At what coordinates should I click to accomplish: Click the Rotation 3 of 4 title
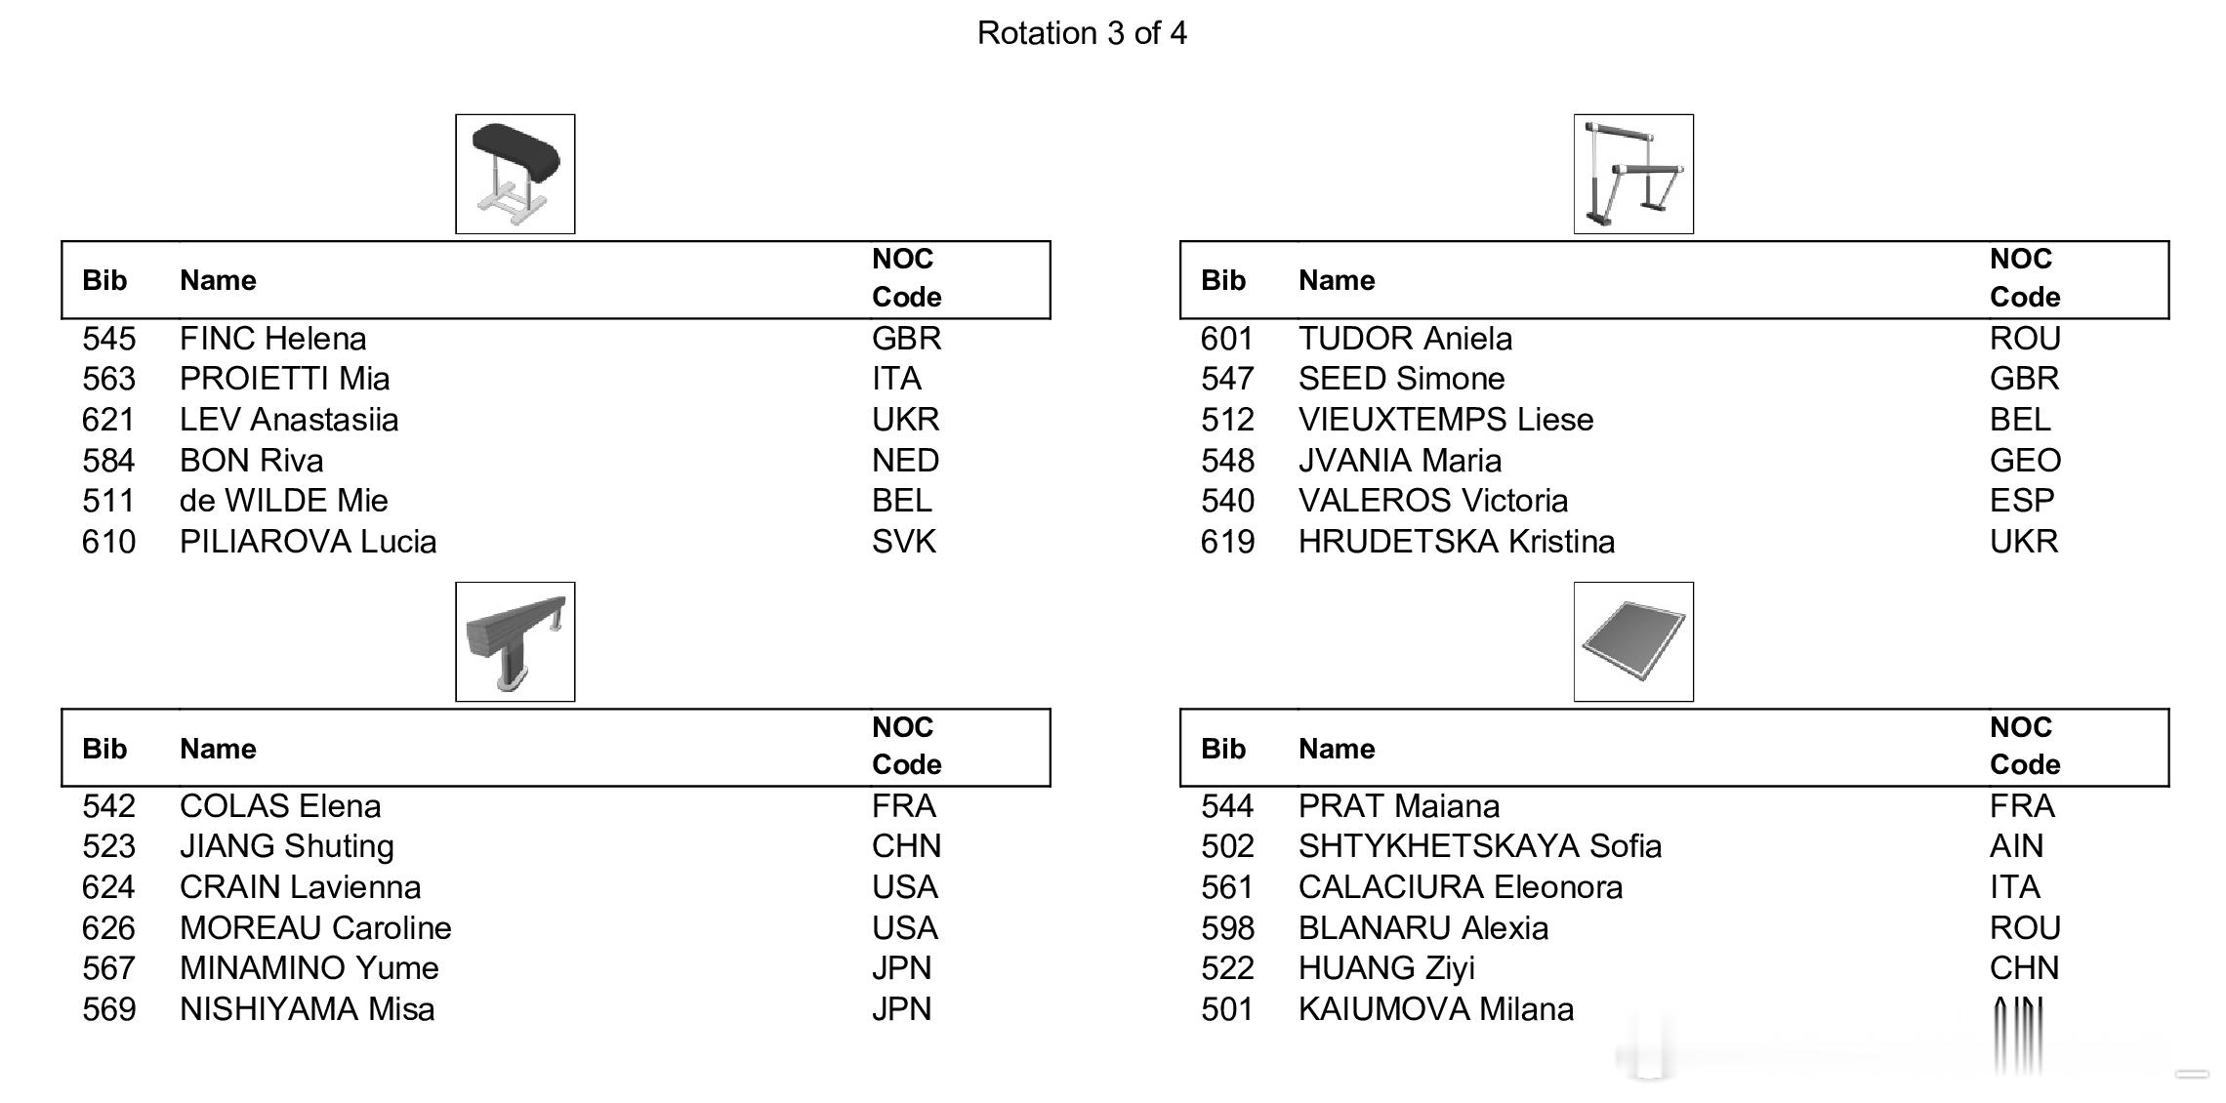pyautogui.click(x=1082, y=33)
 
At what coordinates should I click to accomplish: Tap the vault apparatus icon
pyautogui.click(x=515, y=174)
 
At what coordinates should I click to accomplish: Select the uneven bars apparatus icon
pyautogui.click(x=1633, y=174)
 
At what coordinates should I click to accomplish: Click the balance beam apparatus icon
pyautogui.click(x=515, y=641)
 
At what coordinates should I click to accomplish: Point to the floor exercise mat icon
pyautogui.click(x=1633, y=641)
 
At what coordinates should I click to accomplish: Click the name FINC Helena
pyautogui.click(x=273, y=339)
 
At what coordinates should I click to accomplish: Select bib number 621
pyautogui.click(x=108, y=420)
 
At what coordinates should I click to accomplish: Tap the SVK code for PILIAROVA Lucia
pyautogui.click(x=904, y=542)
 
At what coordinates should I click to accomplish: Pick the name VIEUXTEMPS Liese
pyautogui.click(x=1446, y=420)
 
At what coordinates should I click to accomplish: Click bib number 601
pyautogui.click(x=1227, y=339)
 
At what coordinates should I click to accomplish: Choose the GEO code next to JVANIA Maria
pyautogui.click(x=2025, y=461)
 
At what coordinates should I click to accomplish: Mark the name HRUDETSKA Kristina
pyautogui.click(x=1457, y=542)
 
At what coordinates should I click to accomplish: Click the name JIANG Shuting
pyautogui.click(x=287, y=846)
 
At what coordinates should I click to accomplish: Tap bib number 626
pyautogui.click(x=108, y=928)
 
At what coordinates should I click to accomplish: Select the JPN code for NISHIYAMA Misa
pyautogui.click(x=901, y=1009)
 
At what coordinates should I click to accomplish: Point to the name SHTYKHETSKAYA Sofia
pyautogui.click(x=1480, y=846)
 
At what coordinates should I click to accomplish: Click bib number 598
pyautogui.click(x=1227, y=928)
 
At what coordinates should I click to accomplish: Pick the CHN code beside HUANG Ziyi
pyautogui.click(x=2024, y=968)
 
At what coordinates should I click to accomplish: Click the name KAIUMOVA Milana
pyautogui.click(x=1436, y=1009)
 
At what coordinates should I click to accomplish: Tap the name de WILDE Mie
pyautogui.click(x=284, y=501)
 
